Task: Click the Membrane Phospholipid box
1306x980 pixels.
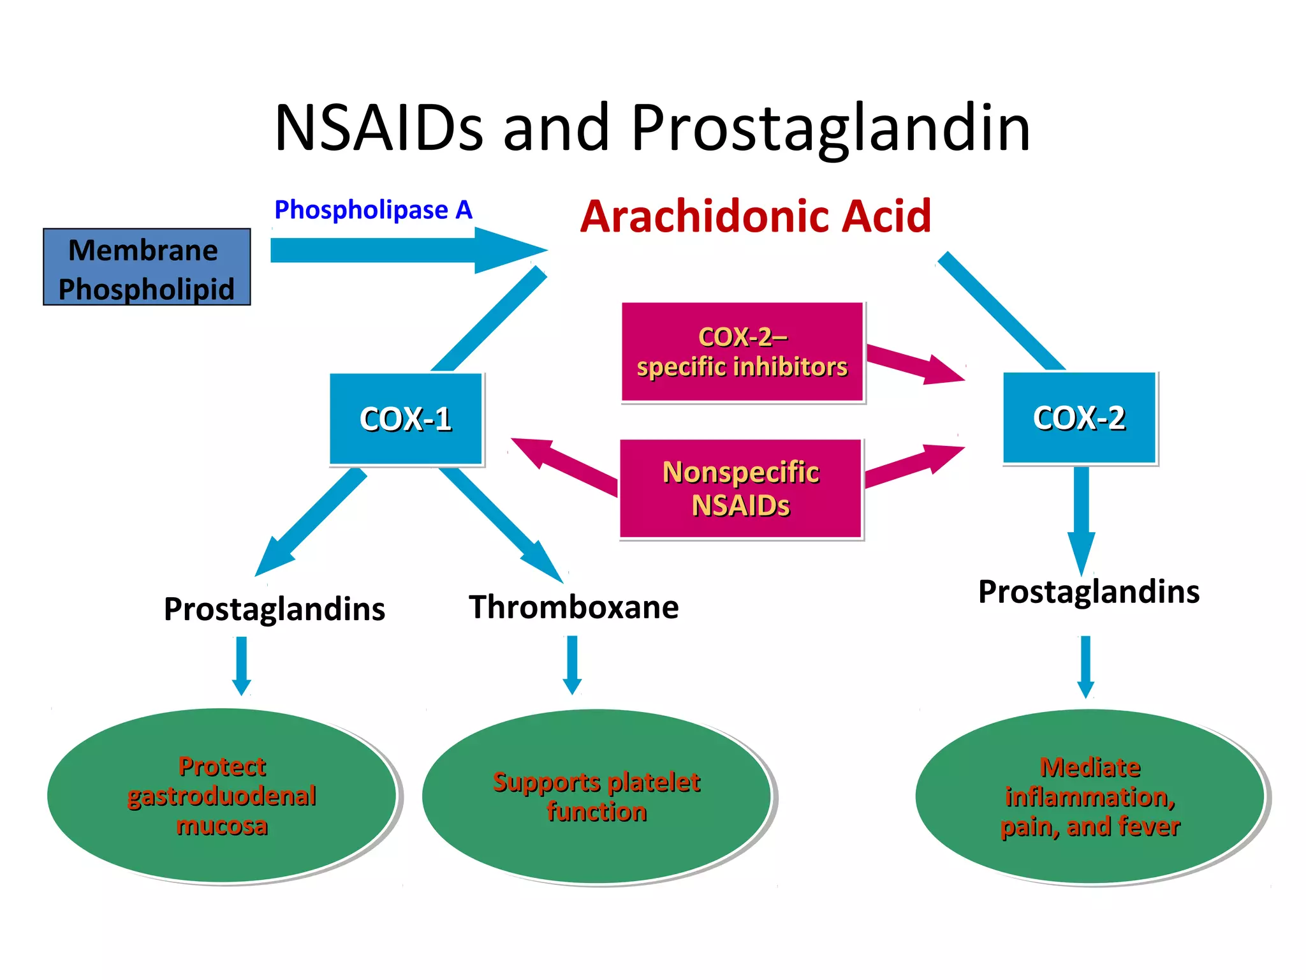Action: (147, 267)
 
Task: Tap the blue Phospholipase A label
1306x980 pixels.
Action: (373, 210)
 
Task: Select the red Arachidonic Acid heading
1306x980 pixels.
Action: (756, 216)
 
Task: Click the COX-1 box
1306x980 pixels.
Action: (406, 419)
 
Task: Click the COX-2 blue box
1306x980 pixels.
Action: (1079, 417)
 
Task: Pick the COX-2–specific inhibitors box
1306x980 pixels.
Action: (742, 352)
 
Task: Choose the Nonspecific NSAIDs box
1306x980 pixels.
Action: (741, 489)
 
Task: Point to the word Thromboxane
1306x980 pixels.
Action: (574, 607)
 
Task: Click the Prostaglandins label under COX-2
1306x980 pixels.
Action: (1089, 591)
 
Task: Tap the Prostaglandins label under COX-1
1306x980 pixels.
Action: (274, 609)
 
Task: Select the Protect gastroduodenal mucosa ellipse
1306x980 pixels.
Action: (222, 796)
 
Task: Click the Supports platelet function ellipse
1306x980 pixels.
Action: (596, 796)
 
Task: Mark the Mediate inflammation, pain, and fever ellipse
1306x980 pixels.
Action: (1090, 796)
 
